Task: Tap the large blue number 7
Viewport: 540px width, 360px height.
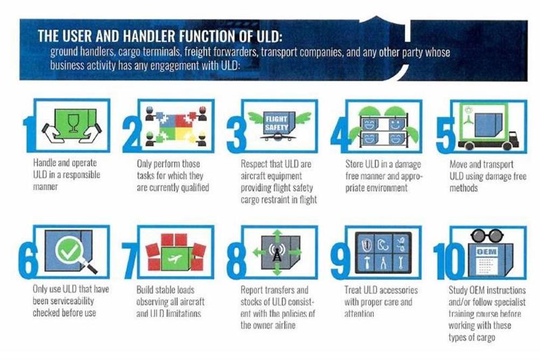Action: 129,260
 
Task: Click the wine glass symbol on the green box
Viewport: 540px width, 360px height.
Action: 73,123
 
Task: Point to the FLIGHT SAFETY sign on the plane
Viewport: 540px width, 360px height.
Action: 276,123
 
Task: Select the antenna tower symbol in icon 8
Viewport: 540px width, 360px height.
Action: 276,253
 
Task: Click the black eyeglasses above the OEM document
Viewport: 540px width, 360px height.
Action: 487,236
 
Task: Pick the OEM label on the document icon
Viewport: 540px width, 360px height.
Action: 486,252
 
